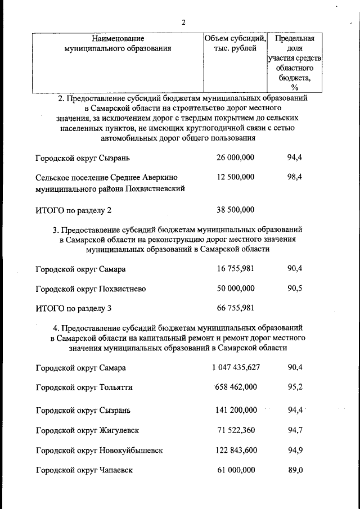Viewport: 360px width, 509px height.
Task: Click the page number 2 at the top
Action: point(183,22)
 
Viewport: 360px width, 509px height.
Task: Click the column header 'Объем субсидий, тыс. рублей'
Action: point(235,43)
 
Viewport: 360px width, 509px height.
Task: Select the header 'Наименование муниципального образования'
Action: point(118,43)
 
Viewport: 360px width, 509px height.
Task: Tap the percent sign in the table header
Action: point(295,87)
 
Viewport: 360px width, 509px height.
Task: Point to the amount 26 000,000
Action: point(235,157)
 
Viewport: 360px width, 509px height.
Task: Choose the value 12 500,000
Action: point(235,177)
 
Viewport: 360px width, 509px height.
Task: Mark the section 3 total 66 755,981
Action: point(235,308)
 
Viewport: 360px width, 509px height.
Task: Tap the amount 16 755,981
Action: point(235,269)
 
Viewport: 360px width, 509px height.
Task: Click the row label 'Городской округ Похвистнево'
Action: point(91,289)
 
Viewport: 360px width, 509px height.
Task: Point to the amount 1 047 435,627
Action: point(236,367)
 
